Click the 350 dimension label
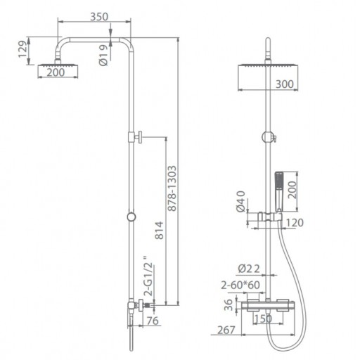click(x=99, y=17)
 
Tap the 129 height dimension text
click(x=23, y=49)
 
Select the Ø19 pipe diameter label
click(x=103, y=55)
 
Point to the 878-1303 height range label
click(x=172, y=188)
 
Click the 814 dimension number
click(x=160, y=231)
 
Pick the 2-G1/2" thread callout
click(x=149, y=276)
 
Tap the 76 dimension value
click(x=153, y=321)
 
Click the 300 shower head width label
click(x=285, y=84)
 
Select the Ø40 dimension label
click(x=240, y=202)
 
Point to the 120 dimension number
click(x=295, y=222)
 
